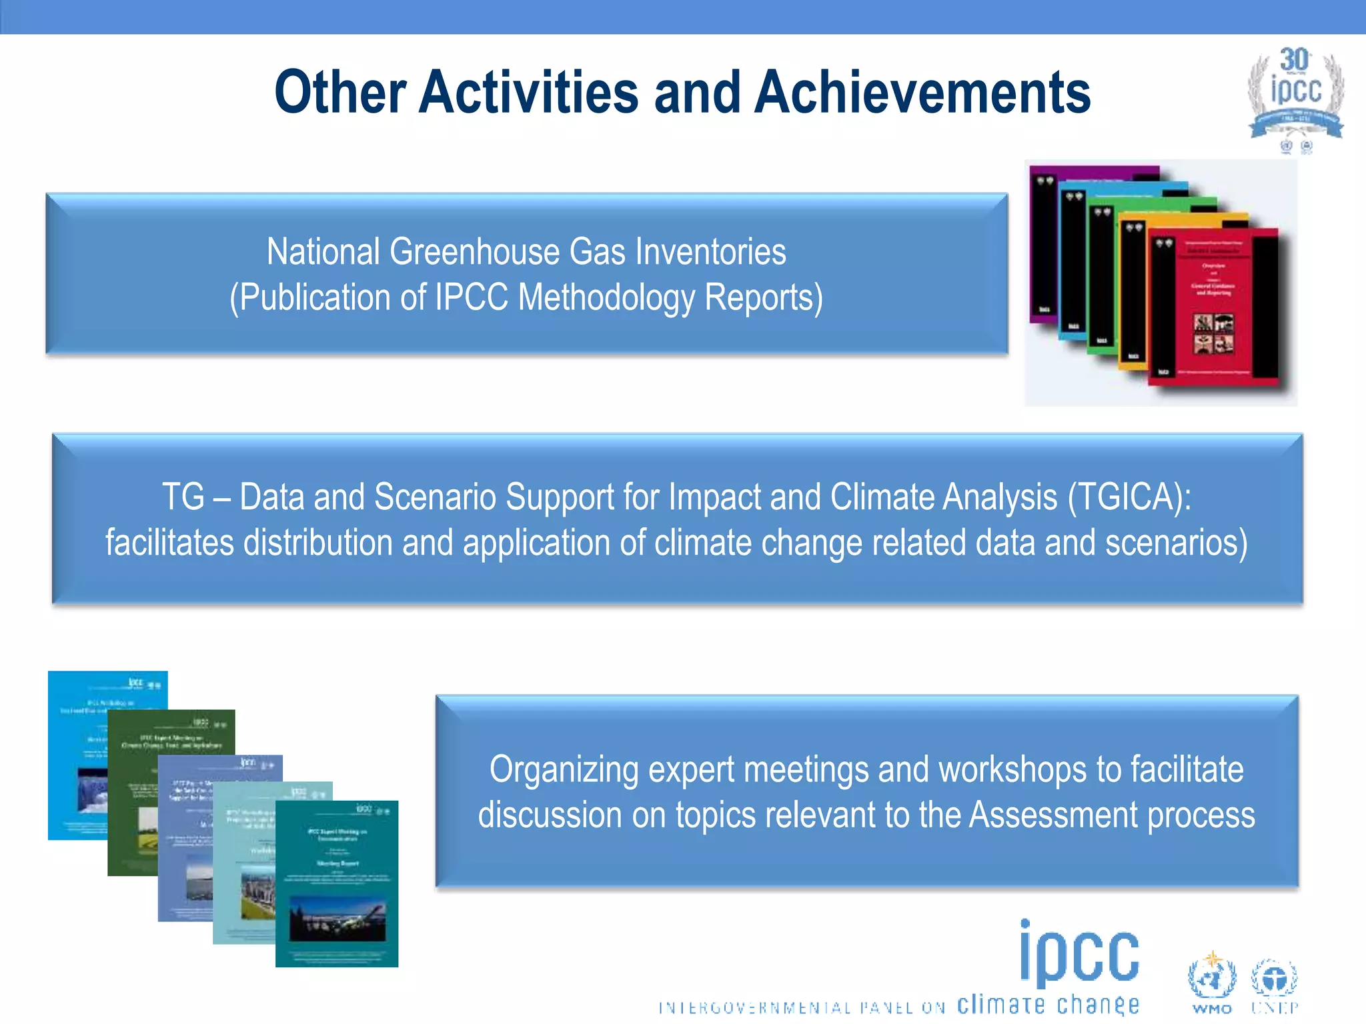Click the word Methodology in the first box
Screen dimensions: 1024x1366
click(606, 297)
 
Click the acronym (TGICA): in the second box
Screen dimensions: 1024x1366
click(1129, 497)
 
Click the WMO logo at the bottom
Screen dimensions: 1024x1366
click(1211, 983)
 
